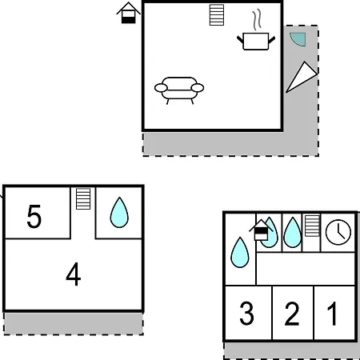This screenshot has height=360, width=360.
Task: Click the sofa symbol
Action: [x=179, y=90]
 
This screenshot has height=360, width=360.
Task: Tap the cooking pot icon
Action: [x=256, y=42]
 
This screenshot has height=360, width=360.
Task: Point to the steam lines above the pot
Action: [x=257, y=20]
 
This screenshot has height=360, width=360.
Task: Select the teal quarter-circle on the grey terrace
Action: [x=298, y=38]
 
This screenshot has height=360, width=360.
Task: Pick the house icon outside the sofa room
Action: [x=128, y=13]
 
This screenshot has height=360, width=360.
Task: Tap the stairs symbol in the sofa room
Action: [x=217, y=15]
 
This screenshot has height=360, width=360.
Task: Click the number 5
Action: [x=34, y=216]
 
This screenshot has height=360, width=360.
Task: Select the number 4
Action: [x=74, y=274]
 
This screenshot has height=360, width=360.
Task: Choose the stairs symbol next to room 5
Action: [x=83, y=199]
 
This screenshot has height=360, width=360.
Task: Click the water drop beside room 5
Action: [x=119, y=213]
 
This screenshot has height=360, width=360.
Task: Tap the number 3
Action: [x=246, y=314]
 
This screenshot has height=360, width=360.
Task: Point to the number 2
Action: [x=292, y=314]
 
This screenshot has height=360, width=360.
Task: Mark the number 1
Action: [x=332, y=314]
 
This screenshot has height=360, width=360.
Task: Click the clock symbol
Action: [x=338, y=232]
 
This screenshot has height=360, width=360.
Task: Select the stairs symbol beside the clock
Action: [x=312, y=226]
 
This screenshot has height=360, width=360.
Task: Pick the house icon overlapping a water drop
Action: [x=261, y=230]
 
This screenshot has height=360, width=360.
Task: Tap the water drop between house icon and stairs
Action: [x=292, y=233]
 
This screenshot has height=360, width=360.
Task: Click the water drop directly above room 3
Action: [x=240, y=252]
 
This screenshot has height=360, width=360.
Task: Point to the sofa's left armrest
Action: [x=161, y=88]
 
